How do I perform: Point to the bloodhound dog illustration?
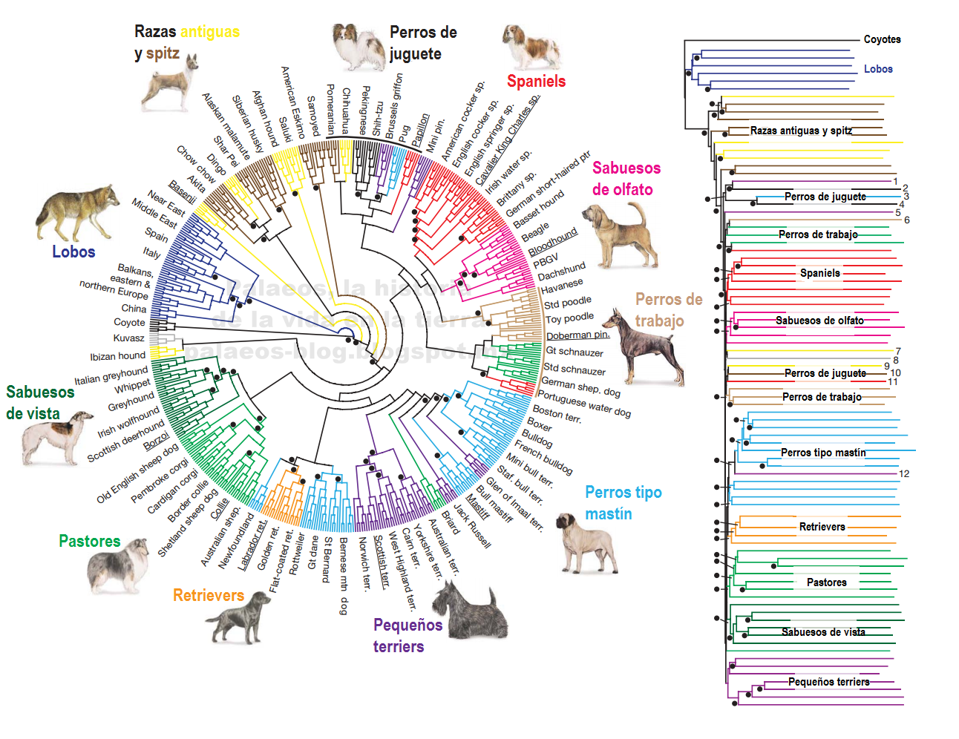[620, 235]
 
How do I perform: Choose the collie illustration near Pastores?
[117, 567]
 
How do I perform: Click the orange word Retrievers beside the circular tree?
[208, 595]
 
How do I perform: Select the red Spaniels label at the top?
[536, 81]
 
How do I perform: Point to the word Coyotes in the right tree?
[882, 39]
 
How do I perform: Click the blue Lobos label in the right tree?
[878, 69]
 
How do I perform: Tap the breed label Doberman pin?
[577, 335]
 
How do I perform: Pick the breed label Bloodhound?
[553, 240]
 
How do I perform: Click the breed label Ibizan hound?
[117, 356]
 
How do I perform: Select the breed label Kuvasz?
[128, 338]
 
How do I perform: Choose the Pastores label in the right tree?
[826, 582]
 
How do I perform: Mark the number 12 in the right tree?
[903, 473]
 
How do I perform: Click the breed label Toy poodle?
[569, 318]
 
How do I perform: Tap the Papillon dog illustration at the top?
[358, 46]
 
